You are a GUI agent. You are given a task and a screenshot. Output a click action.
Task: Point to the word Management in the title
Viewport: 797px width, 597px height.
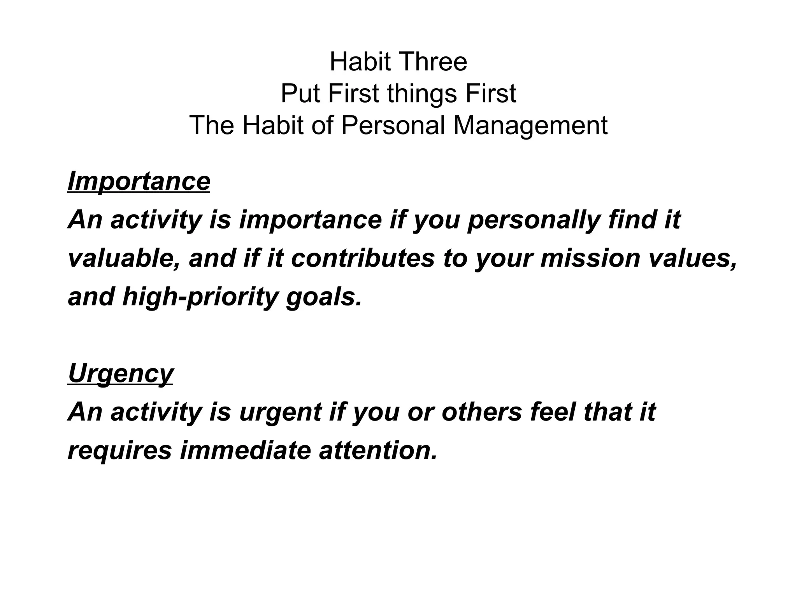click(x=530, y=126)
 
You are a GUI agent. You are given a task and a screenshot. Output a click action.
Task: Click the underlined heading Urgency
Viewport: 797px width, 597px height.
click(x=121, y=374)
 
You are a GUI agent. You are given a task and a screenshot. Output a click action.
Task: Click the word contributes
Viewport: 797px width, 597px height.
click(x=362, y=258)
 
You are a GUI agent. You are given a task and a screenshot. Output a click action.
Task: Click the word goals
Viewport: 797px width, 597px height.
click(x=324, y=297)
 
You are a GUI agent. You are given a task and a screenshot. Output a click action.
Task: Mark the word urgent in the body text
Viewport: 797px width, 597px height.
click(x=280, y=412)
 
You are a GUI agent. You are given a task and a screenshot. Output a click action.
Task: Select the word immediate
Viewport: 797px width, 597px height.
click(x=245, y=451)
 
